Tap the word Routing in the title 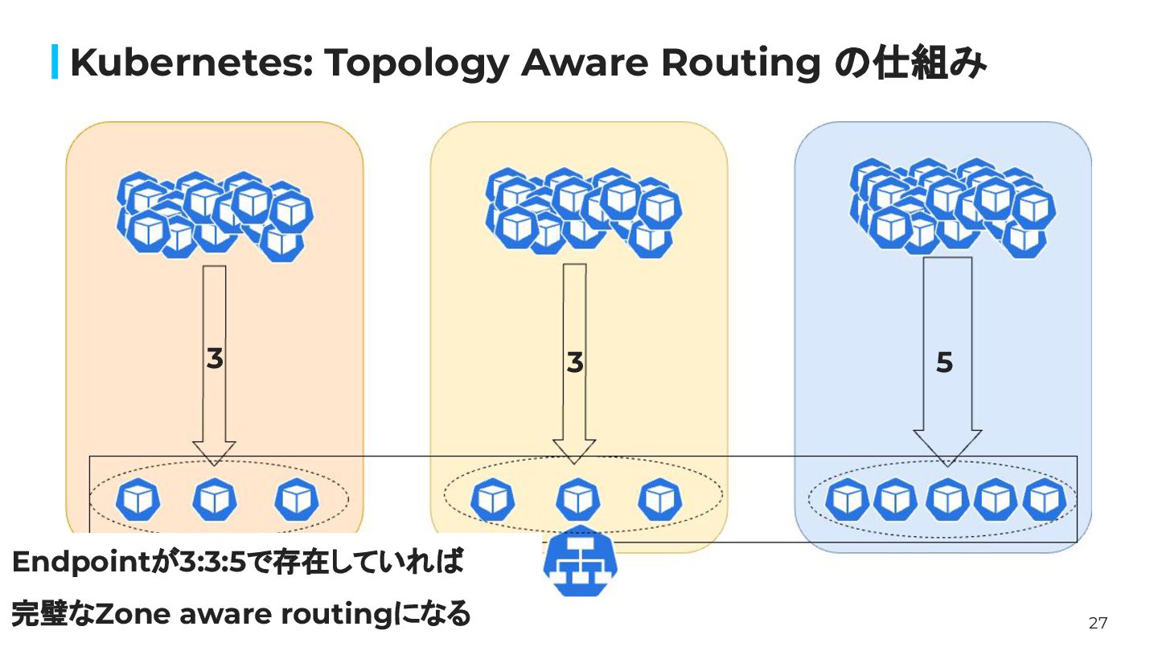point(740,63)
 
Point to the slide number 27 point(1098,623)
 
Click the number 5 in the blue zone point(945,363)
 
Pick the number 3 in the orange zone point(214,359)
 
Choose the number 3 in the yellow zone point(574,363)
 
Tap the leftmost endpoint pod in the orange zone point(138,500)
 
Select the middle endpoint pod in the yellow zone point(577,499)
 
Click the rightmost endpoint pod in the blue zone point(1042,500)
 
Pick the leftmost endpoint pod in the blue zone point(847,500)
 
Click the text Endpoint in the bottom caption point(76,563)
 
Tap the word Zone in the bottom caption point(132,615)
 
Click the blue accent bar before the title point(55,63)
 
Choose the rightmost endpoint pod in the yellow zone point(659,499)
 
